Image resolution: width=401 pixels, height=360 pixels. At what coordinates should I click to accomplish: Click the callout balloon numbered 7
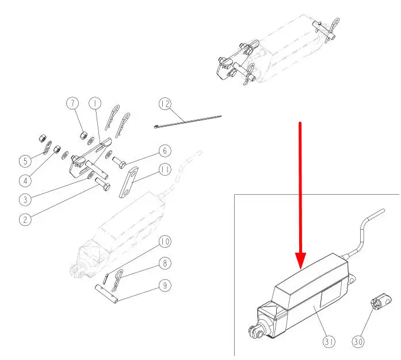[72, 104]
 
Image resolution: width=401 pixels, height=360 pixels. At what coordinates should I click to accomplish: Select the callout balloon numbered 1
[95, 104]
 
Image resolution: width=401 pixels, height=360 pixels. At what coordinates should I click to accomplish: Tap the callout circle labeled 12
[165, 104]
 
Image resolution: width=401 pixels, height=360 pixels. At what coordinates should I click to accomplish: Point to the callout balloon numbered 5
[25, 161]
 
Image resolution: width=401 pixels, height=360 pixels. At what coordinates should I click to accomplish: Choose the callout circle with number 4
[25, 181]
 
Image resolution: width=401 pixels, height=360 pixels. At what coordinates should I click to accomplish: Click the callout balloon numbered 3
[25, 199]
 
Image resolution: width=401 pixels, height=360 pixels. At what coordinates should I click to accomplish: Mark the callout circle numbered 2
[25, 219]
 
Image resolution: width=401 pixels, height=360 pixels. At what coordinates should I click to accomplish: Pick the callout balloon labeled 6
[165, 150]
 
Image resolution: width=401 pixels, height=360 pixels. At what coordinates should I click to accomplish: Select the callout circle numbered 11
[165, 170]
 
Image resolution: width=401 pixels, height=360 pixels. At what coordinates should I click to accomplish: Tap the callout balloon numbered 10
[165, 241]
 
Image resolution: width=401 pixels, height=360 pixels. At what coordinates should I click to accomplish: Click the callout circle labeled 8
[165, 263]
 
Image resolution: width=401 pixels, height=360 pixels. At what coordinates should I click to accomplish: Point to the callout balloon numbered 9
[165, 285]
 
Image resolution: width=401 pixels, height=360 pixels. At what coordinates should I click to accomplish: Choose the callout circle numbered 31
[329, 342]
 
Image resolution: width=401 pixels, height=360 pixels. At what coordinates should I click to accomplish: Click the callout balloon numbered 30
[358, 342]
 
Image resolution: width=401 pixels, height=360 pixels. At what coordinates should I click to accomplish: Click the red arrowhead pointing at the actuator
[300, 260]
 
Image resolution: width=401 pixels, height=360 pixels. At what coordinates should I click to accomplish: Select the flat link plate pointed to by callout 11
[129, 183]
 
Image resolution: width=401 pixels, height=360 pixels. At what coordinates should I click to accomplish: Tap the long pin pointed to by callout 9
[107, 294]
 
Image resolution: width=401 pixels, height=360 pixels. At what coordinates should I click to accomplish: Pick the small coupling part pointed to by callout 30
[380, 302]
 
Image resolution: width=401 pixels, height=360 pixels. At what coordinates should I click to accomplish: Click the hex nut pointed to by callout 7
[84, 135]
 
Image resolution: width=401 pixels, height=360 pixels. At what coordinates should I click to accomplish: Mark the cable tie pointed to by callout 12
[188, 122]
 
